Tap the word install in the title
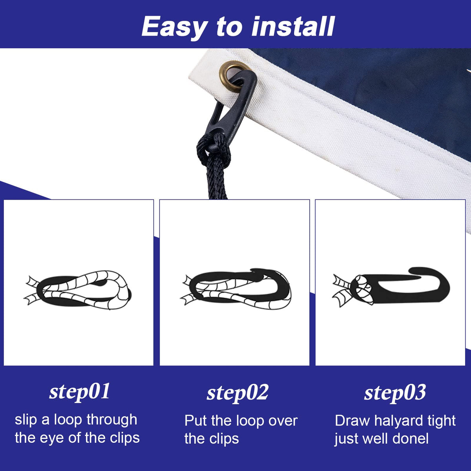pos(293,26)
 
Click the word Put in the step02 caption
pos(196,420)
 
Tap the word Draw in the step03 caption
pos(352,420)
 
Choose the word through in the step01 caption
pos(112,420)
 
